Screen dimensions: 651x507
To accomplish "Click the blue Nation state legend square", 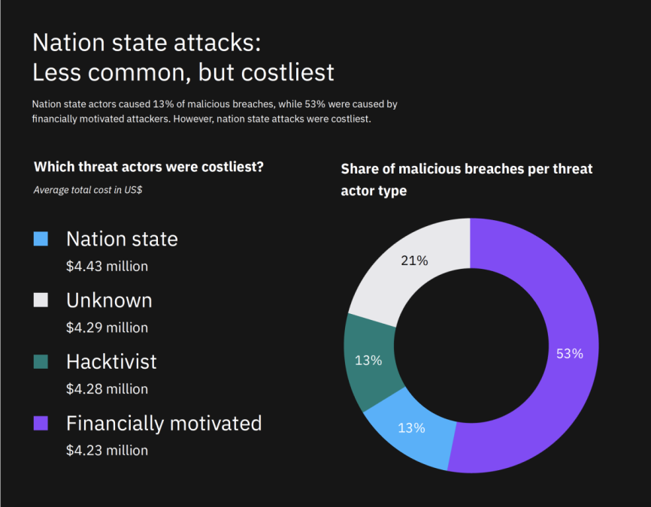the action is click(41, 239).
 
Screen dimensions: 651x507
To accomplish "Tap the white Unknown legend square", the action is click(41, 300).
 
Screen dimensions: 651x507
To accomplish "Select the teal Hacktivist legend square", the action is click(41, 361).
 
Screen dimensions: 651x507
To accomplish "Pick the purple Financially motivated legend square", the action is click(41, 423).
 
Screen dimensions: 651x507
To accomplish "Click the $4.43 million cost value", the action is click(107, 267).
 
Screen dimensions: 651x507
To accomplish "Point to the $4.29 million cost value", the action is click(107, 327).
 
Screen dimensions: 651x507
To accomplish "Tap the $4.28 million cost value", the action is click(107, 389).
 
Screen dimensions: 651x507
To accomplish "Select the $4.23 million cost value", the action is click(107, 451).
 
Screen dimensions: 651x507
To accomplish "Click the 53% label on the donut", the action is click(570, 354).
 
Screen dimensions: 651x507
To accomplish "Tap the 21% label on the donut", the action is click(414, 261).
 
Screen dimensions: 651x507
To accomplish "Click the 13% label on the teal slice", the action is click(368, 360).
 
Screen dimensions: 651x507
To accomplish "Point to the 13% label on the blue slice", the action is click(411, 427).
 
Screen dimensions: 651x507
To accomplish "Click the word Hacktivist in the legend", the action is click(112, 362).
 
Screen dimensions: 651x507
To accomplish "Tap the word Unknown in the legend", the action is click(109, 300).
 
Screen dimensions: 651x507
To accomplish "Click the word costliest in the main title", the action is click(287, 73).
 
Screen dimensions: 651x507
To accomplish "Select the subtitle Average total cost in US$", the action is click(88, 190).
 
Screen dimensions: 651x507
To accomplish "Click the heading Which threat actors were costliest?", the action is click(149, 167).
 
